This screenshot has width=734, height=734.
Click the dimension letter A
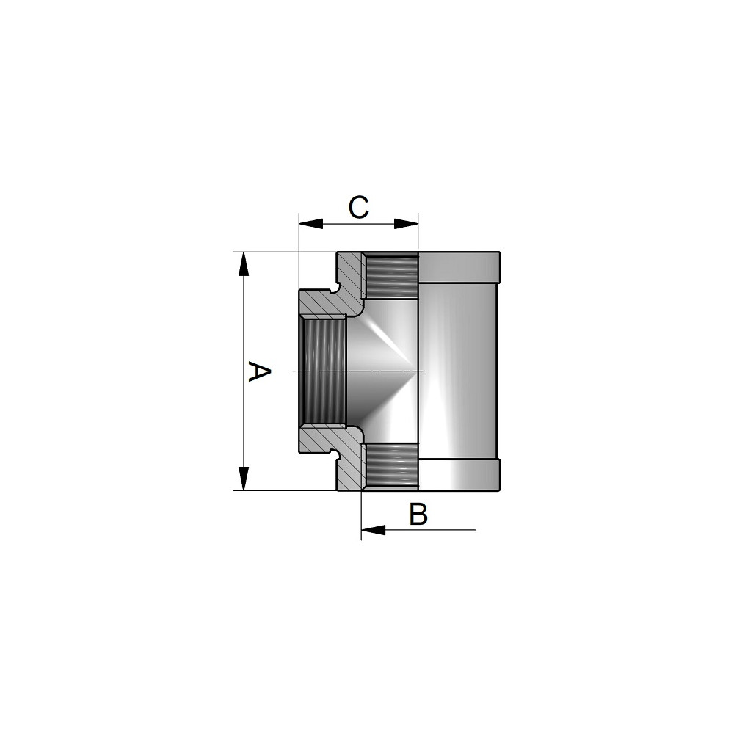click(259, 371)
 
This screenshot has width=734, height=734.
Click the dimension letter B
click(418, 514)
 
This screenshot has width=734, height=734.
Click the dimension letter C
click(359, 208)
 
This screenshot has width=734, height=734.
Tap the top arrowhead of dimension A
click(244, 264)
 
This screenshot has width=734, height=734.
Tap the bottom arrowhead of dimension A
click(244, 479)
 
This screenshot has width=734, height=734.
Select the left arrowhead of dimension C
click(311, 224)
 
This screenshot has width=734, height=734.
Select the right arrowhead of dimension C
click(406, 224)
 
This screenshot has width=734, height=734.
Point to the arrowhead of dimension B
click(374, 530)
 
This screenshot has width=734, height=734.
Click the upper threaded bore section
click(391, 276)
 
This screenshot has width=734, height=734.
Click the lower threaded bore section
click(391, 467)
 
